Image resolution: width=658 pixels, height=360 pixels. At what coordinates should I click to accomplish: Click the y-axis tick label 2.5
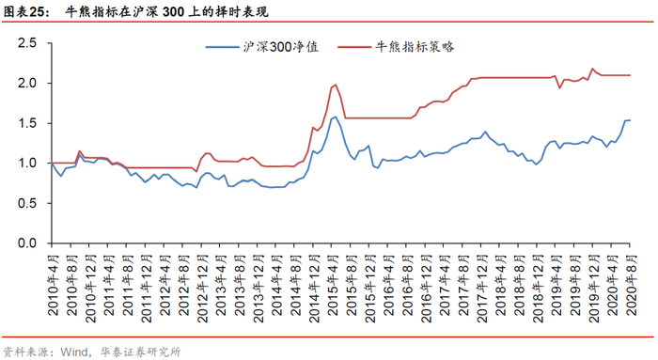[x=27, y=43]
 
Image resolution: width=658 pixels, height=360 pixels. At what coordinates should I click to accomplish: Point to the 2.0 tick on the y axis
[x=27, y=83]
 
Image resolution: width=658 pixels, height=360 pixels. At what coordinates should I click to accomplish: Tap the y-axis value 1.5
[x=27, y=123]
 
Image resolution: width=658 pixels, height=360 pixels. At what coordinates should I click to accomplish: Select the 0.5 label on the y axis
[x=27, y=203]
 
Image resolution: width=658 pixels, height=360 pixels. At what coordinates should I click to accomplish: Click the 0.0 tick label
[x=27, y=243]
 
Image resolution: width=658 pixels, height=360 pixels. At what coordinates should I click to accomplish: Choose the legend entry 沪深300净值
[x=262, y=47]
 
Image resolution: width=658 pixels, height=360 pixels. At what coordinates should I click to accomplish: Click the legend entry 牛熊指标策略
[x=396, y=47]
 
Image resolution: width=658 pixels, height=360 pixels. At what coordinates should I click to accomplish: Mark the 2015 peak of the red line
[x=336, y=85]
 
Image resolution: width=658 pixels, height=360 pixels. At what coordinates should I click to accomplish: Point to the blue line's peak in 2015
[x=336, y=117]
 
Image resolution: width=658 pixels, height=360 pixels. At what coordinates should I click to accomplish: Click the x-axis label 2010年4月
[x=53, y=285]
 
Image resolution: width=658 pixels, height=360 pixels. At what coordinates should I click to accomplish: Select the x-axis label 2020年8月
[x=631, y=285]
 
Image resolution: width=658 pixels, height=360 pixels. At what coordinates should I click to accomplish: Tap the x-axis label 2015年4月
[x=333, y=285]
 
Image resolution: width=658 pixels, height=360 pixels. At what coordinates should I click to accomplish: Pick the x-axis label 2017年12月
[x=481, y=289]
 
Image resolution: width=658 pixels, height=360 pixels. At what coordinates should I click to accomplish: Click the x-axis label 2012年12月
[x=202, y=289]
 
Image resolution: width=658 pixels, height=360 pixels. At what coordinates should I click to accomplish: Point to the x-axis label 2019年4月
[x=556, y=285]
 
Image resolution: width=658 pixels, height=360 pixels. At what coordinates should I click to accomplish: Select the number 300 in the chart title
[x=173, y=11]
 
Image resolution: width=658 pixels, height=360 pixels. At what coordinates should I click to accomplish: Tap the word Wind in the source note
[x=73, y=352]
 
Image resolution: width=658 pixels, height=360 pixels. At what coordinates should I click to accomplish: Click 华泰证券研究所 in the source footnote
[x=141, y=352]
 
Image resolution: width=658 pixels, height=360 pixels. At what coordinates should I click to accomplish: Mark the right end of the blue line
[x=631, y=120]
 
